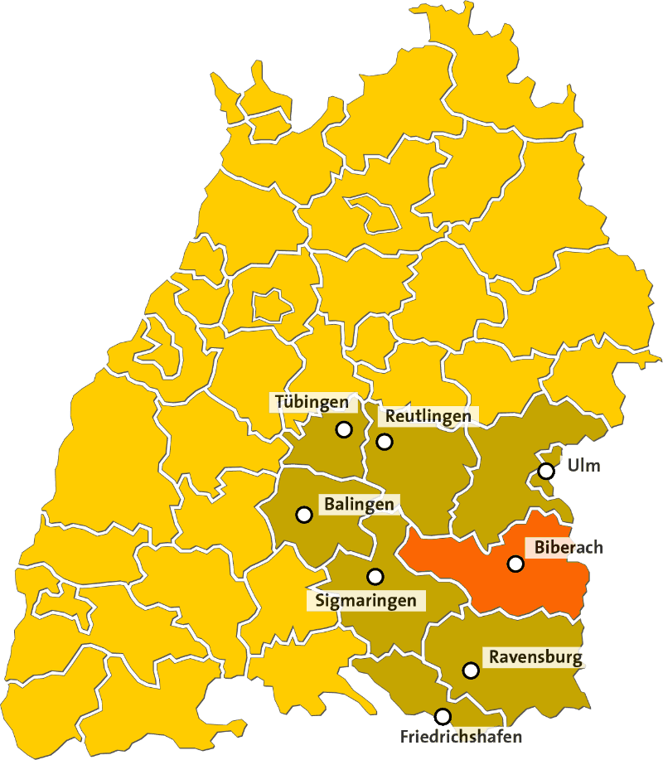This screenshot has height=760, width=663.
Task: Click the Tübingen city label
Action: [x=312, y=403]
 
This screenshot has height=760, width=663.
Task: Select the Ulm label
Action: [x=583, y=465]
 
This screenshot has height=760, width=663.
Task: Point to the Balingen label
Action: [x=359, y=503]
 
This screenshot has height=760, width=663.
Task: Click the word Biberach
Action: [x=569, y=547]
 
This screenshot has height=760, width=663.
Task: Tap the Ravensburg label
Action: [x=535, y=658]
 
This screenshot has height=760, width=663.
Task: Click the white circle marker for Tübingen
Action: [x=343, y=429]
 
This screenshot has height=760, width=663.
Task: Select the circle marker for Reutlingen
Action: [x=385, y=441]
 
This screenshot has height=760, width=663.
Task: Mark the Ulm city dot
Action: [x=546, y=471]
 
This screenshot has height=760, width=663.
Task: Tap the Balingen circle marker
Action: [x=303, y=514]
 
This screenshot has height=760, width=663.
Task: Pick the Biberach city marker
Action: [x=515, y=564]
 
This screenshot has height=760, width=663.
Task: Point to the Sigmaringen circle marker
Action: [x=375, y=576]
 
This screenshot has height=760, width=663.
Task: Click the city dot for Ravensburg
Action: [x=471, y=670]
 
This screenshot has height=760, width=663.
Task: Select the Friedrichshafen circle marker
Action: [x=443, y=716]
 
